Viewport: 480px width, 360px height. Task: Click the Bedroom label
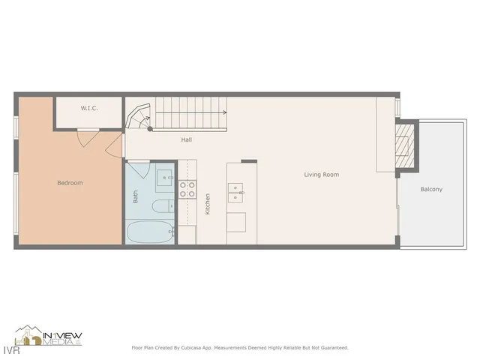[70, 183]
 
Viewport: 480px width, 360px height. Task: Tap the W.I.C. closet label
[89, 109]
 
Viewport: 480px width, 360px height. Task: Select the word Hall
[187, 140]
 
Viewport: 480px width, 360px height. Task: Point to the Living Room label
[321, 175]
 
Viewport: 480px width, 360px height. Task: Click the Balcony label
[431, 190]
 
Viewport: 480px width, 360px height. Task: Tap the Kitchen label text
[208, 204]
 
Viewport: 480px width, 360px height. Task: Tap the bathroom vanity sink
[165, 178]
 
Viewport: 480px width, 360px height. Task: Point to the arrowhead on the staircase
[224, 113]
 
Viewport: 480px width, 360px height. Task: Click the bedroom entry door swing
[113, 146]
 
